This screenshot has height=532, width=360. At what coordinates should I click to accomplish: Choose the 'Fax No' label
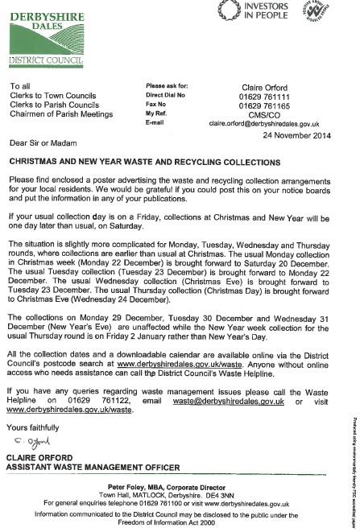(x=155, y=105)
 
